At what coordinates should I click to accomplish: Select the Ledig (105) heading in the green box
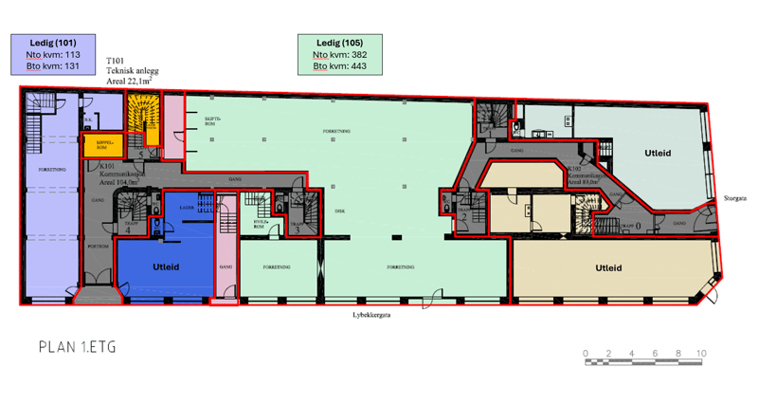pyautogui.click(x=338, y=43)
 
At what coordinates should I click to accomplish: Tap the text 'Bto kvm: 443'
pyautogui.click(x=339, y=66)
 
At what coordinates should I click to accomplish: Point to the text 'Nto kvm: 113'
pyautogui.click(x=52, y=55)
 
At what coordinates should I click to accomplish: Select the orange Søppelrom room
pyautogui.click(x=97, y=146)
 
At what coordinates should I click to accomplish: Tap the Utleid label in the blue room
pyautogui.click(x=166, y=267)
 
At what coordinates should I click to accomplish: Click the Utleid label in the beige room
pyautogui.click(x=609, y=268)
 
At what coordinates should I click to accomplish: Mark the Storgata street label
pyautogui.click(x=734, y=199)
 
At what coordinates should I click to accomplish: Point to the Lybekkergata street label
pyautogui.click(x=372, y=317)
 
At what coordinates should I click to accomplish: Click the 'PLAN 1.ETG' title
pyautogui.click(x=78, y=347)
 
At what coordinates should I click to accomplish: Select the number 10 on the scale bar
pyautogui.click(x=701, y=354)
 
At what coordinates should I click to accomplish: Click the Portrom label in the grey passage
pyautogui.click(x=97, y=245)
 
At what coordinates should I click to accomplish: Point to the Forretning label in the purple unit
pyautogui.click(x=52, y=170)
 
